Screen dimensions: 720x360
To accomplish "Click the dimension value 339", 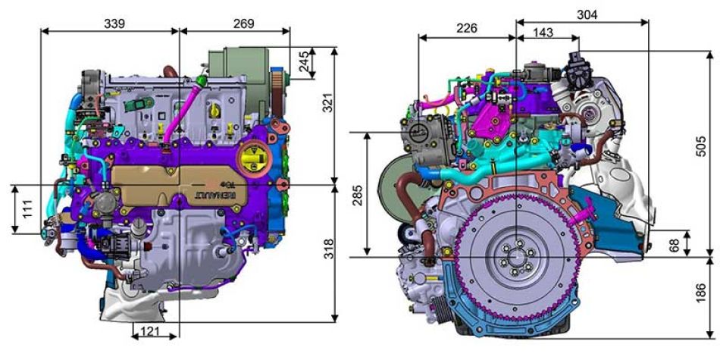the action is click(114, 23).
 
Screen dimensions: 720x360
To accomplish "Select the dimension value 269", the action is click(243, 23).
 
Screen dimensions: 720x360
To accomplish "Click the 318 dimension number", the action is click(329, 249).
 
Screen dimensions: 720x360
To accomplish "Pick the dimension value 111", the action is click(27, 209).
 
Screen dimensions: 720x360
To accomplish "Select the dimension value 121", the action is click(151, 330).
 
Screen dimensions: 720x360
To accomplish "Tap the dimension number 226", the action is click(467, 29).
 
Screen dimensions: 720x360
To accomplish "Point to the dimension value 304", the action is click(587, 14).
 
